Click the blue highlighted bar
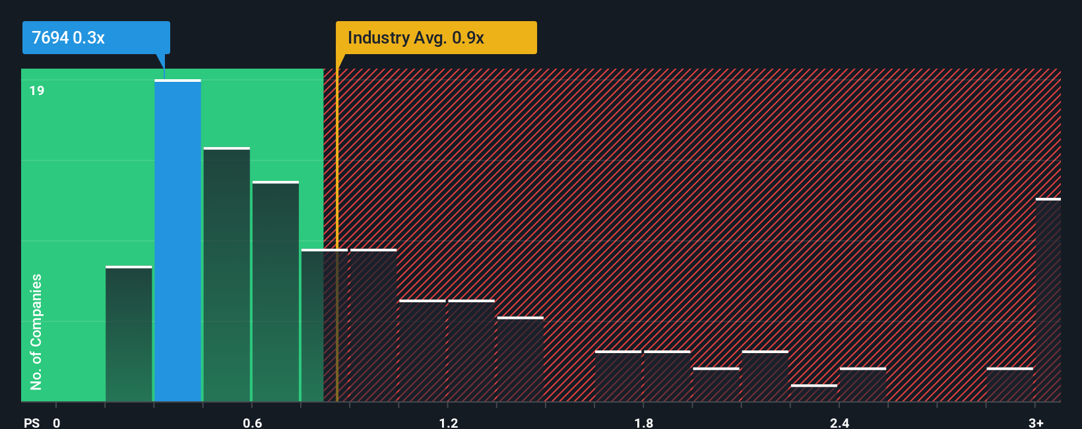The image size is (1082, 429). [177, 241]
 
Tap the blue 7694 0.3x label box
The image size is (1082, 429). [96, 38]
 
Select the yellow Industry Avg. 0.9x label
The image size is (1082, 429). [435, 38]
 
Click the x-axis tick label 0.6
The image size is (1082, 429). [253, 422]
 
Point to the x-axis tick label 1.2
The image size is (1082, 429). [449, 422]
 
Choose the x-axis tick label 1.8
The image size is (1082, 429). [644, 422]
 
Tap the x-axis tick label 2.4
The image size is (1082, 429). [839, 422]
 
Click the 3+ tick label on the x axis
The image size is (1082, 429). [1036, 422]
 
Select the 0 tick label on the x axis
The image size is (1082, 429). [57, 422]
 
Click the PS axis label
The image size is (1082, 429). [32, 422]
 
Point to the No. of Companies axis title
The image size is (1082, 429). [36, 331]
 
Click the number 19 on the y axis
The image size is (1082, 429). [37, 90]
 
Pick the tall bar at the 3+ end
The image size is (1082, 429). [1048, 300]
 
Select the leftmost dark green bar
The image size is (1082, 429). [129, 334]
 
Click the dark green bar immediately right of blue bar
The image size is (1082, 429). [226, 275]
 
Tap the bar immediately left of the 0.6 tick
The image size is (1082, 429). [226, 275]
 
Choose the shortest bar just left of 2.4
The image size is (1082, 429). [813, 393]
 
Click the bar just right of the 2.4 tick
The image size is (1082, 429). [862, 385]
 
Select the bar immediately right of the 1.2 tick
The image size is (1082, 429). [471, 351]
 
